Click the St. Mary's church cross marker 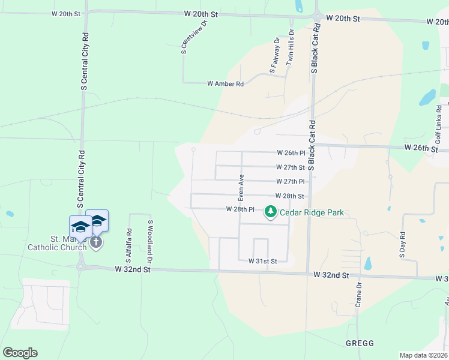[96, 242]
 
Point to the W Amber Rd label [225, 85]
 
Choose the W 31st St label [263, 262]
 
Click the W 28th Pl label [241, 209]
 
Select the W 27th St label [291, 167]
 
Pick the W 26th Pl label [291, 153]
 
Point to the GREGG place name [360, 343]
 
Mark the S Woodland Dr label [150, 242]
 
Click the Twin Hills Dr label [291, 46]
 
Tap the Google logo [20, 353]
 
